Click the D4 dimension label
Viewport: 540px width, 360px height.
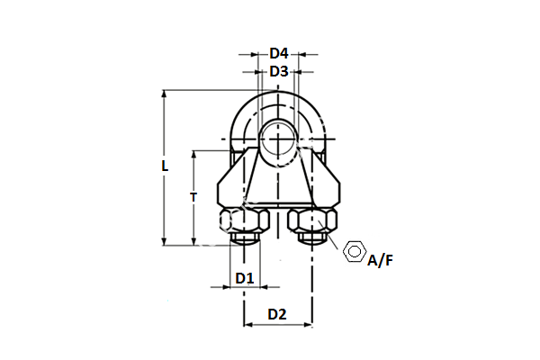tap(278, 53)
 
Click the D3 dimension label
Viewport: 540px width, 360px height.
tap(278, 71)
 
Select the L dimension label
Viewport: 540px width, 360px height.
tap(164, 166)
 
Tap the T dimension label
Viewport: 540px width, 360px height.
tap(193, 197)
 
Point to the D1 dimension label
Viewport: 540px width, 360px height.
tap(244, 278)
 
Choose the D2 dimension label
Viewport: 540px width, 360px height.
tap(277, 314)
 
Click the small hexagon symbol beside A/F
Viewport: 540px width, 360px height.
tap(355, 251)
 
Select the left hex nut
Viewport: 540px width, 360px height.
tap(244, 220)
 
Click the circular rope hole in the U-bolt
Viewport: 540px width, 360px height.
tap(279, 140)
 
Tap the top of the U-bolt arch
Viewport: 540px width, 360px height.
tap(279, 94)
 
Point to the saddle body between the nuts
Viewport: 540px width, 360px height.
tap(279, 184)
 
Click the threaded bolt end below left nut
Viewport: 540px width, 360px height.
tap(244, 239)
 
